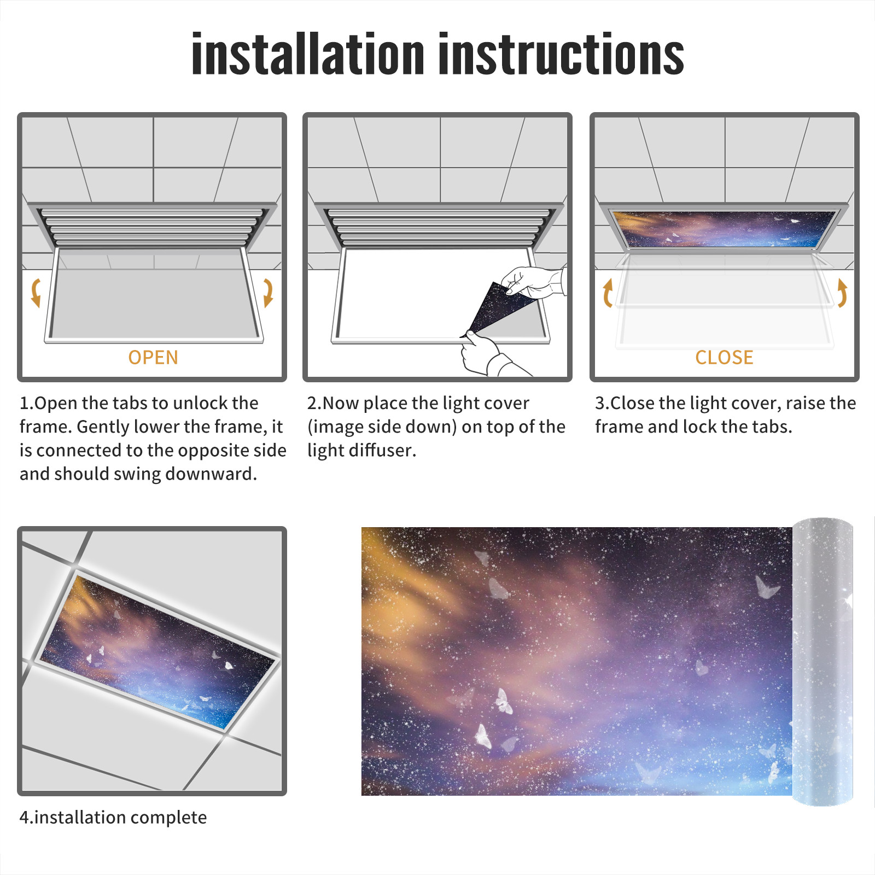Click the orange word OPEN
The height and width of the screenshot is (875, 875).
tap(153, 358)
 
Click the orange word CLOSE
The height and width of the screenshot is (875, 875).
tap(724, 358)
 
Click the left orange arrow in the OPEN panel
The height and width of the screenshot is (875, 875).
tap(36, 293)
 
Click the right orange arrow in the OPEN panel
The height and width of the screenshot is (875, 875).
tap(268, 293)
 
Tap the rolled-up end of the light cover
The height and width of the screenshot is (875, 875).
tap(822, 661)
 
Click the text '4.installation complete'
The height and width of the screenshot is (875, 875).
tap(113, 818)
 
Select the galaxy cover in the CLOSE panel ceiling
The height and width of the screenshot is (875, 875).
tap(724, 229)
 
